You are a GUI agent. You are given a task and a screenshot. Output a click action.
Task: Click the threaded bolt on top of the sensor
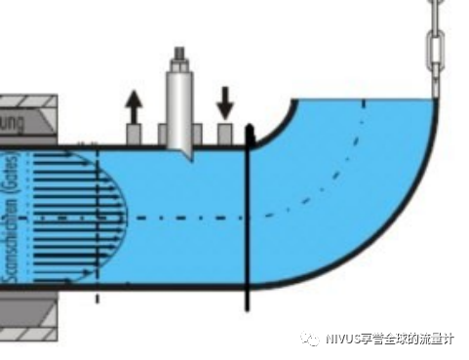pos(181,55)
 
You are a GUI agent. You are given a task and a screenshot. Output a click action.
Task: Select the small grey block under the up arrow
pos(134,134)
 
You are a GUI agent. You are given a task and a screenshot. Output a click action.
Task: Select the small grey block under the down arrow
pos(225,134)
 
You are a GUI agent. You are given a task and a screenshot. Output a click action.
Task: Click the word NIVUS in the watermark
pos(342,339)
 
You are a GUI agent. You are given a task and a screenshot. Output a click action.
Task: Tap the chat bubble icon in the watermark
pos(310,339)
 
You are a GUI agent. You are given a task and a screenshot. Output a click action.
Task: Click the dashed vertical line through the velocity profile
pos(98,224)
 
